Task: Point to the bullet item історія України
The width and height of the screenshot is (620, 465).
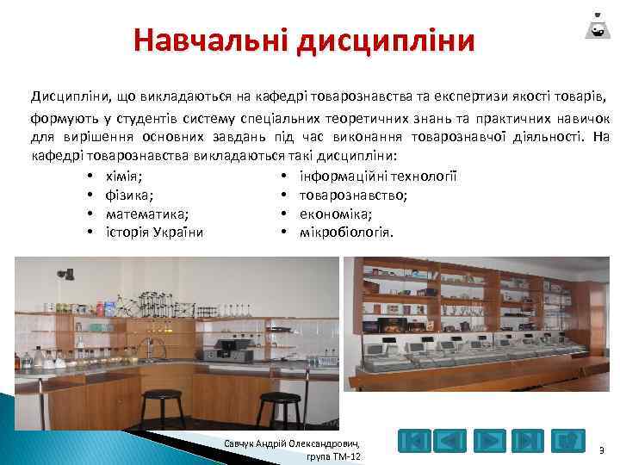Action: tap(154, 232)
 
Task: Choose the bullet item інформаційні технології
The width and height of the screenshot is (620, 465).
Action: tap(377, 177)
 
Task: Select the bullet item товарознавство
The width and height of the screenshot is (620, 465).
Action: tap(353, 195)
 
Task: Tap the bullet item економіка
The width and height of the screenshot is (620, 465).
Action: tap(335, 214)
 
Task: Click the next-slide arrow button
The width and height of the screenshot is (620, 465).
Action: tap(490, 441)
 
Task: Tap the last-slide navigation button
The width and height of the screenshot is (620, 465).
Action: tap(528, 441)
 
